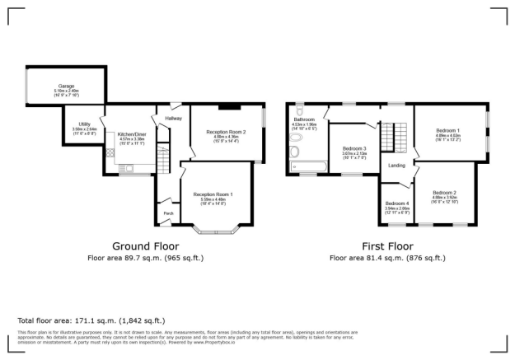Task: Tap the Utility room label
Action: (84, 124)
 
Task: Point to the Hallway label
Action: (173, 119)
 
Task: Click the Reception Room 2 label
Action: (226, 131)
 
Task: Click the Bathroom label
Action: (305, 119)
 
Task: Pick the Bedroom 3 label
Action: (354, 147)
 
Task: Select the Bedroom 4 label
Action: (396, 203)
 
